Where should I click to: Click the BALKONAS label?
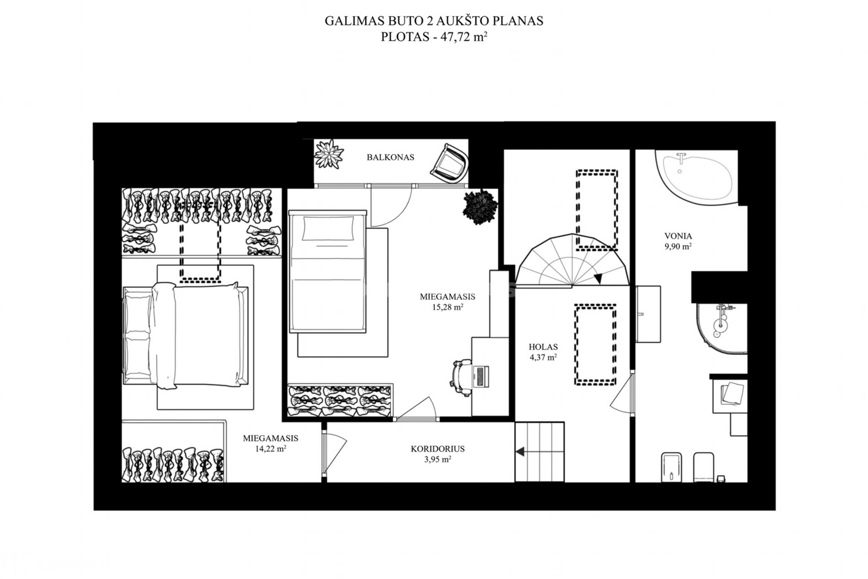point(390,157)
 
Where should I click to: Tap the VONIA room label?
point(678,236)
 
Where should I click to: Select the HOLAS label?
point(543,347)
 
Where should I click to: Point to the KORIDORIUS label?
point(438,449)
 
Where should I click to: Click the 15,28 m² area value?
point(448,307)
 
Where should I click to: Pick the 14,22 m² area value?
point(270,449)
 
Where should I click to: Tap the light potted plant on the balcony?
point(329,154)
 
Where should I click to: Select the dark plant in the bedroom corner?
point(480,206)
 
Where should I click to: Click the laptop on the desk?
point(482,378)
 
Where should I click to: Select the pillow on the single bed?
point(328,228)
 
